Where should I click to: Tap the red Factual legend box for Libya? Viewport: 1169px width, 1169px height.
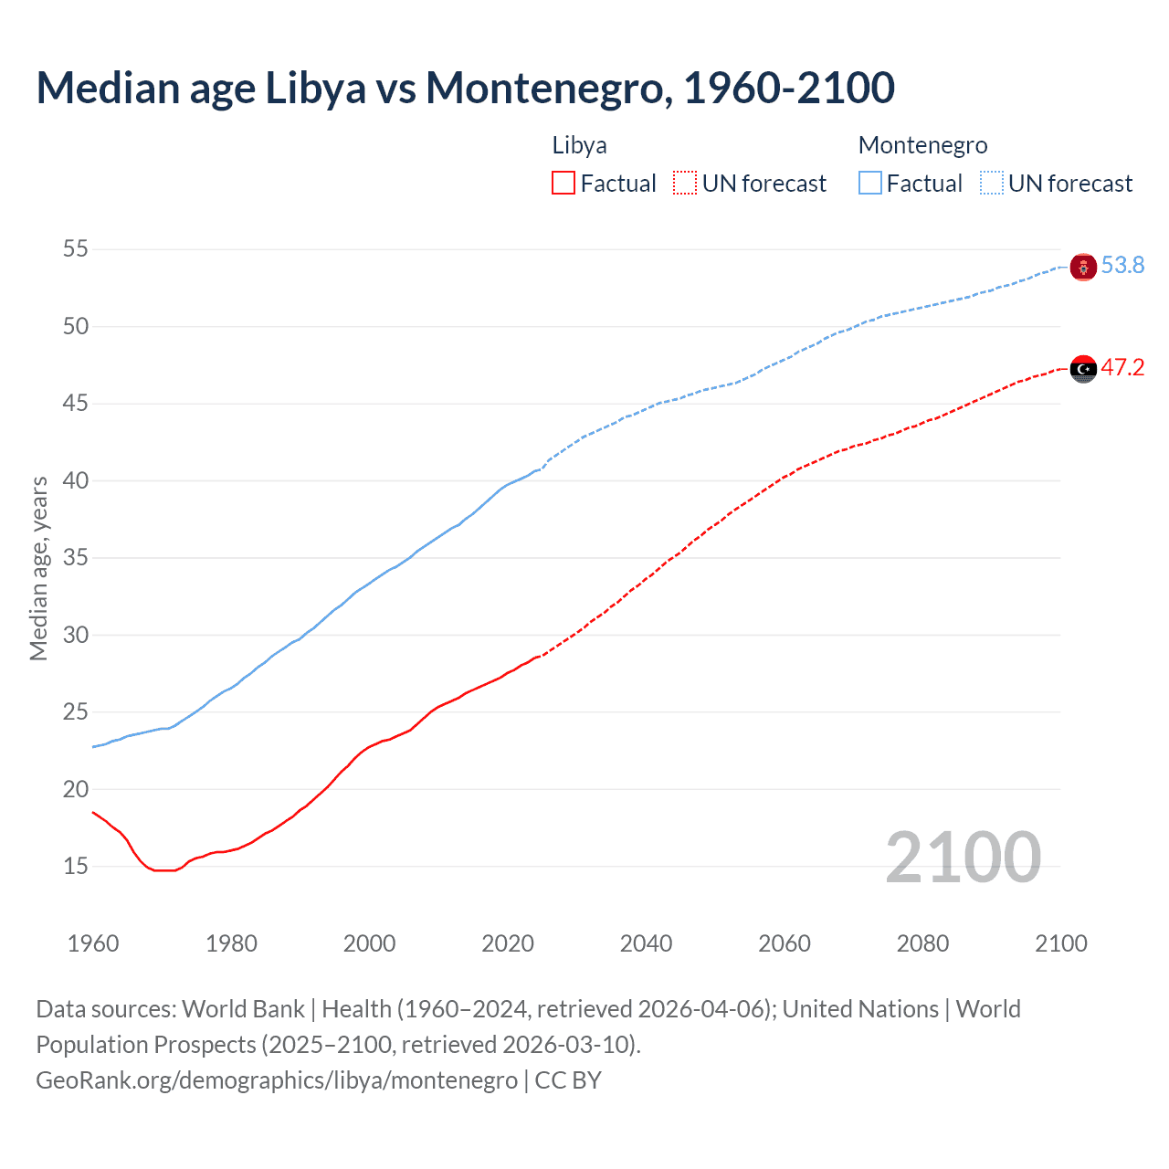click(563, 184)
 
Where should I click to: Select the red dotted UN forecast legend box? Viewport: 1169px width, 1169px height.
click(685, 184)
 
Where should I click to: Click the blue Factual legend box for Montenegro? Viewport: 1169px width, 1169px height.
click(869, 184)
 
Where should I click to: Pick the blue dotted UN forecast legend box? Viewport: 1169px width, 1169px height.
click(991, 184)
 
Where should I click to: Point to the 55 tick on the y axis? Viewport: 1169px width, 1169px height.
click(75, 249)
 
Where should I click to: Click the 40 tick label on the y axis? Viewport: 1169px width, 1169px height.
click(75, 480)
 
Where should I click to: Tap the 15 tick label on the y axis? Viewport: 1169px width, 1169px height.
click(75, 866)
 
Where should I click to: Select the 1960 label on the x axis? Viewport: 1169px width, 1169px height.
click(93, 943)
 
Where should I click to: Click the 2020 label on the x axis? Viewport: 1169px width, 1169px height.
click(508, 943)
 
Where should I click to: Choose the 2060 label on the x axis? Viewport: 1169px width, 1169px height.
click(785, 943)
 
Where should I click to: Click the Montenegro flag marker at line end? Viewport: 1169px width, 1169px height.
click(1083, 267)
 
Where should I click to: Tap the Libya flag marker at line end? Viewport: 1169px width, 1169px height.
click(1083, 369)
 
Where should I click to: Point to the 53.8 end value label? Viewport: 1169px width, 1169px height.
click(1122, 266)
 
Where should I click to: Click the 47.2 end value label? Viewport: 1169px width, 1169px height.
click(1122, 368)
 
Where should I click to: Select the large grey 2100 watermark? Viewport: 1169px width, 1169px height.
click(963, 858)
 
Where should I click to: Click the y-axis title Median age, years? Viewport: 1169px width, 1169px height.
click(38, 568)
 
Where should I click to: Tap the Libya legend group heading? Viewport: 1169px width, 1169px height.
click(579, 146)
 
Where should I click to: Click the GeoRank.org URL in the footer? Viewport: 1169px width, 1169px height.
click(277, 1080)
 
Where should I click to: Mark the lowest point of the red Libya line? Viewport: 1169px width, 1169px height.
click(164, 870)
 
